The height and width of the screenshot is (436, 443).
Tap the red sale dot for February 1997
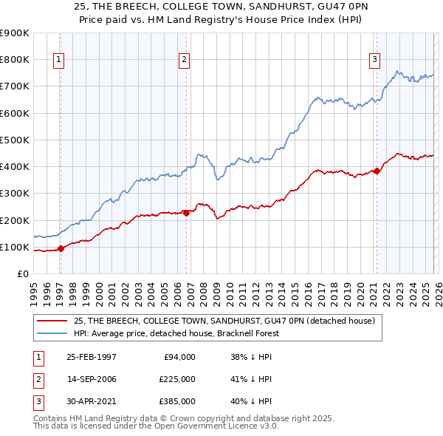(x=61, y=248)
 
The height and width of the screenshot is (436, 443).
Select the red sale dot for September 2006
(x=186, y=213)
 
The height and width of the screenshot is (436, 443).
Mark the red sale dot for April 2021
(x=377, y=171)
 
